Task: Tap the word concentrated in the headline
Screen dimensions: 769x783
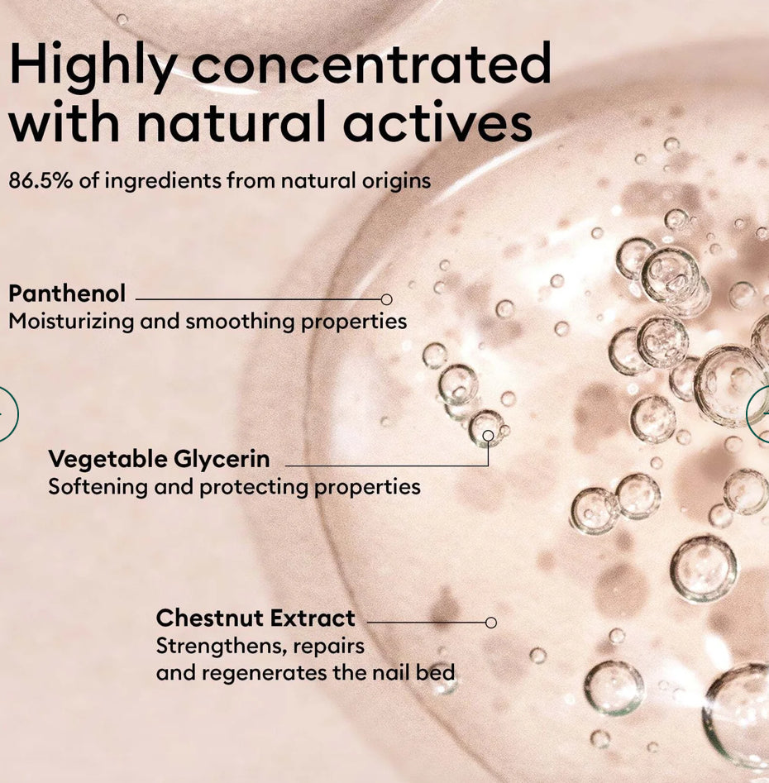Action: coord(371,63)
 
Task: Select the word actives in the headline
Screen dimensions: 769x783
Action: coord(438,122)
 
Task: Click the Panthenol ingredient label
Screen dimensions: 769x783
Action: coord(68,294)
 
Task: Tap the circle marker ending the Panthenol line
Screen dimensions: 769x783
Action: coord(386,299)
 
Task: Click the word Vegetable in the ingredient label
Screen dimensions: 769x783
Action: coord(109,459)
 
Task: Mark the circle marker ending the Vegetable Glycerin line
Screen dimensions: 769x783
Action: coord(489,436)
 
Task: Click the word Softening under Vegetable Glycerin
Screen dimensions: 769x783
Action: coord(98,488)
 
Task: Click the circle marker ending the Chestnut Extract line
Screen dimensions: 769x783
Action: coord(491,623)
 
